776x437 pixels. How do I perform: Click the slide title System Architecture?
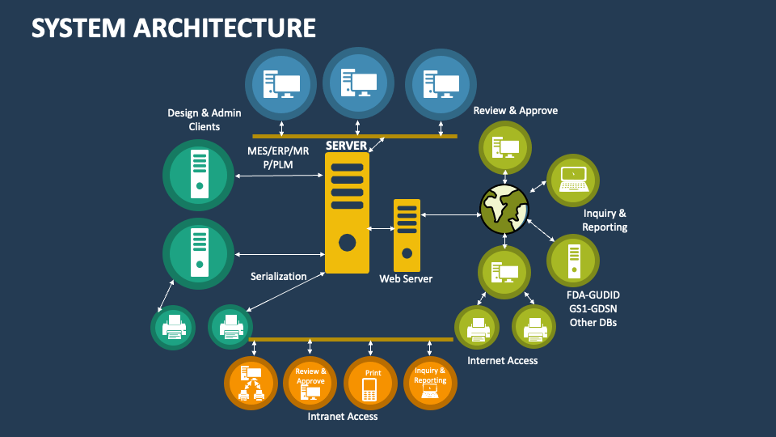[x=173, y=27]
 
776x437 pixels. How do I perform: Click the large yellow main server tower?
[x=347, y=213]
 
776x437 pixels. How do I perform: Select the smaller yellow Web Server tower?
[x=407, y=235]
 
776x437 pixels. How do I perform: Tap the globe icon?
[x=504, y=206]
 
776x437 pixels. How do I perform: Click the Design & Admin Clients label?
[x=193, y=120]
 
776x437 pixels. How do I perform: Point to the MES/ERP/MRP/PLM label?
[x=278, y=157]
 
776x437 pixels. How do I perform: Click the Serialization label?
[x=278, y=276]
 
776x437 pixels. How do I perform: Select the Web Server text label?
[x=406, y=278]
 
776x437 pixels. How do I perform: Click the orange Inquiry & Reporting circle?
[x=430, y=382]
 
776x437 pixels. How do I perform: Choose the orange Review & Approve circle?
[x=310, y=382]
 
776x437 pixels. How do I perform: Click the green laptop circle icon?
[x=573, y=180]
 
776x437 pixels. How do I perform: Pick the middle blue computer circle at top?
[x=358, y=83]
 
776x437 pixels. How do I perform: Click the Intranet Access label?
[x=343, y=417]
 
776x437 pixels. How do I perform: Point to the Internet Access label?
[x=502, y=360]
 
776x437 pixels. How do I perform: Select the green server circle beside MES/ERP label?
[x=198, y=175]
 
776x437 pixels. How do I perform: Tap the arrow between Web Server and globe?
[x=450, y=214]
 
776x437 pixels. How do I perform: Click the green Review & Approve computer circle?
[x=505, y=146]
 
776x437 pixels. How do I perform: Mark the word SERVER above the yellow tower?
[x=347, y=146]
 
